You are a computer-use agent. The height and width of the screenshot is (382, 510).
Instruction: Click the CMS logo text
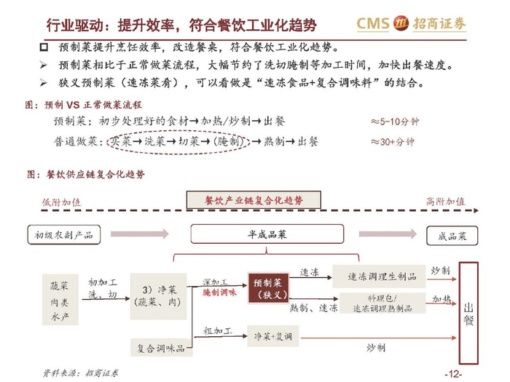click(372, 23)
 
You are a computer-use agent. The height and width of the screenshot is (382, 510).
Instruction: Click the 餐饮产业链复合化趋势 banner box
click(253, 200)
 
